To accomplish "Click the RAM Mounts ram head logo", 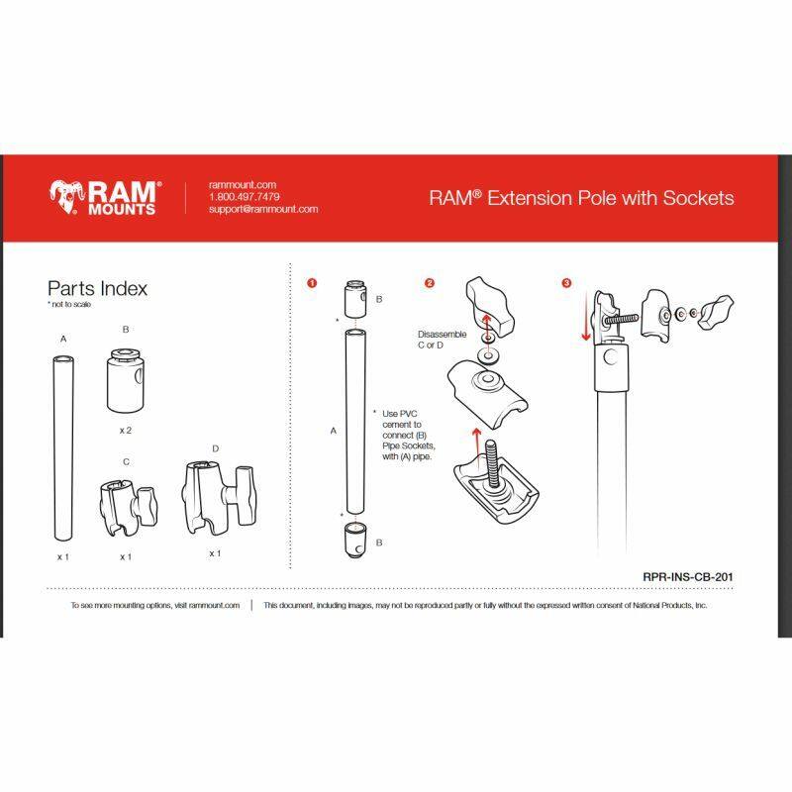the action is [66, 196].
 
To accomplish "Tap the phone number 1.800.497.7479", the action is [245, 196].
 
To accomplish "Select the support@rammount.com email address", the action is [263, 209].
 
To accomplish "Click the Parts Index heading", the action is [97, 288].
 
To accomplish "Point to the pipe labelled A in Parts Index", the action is [63, 448].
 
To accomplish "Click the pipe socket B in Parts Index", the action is [126, 379].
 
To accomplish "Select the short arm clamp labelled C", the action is [128, 508].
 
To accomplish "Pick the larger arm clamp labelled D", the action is [218, 498].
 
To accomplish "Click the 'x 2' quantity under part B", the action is [126, 431].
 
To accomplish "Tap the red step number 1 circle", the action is [312, 283].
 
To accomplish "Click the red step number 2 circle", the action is [430, 283].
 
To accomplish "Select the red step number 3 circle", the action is [566, 283].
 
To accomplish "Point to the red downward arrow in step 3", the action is [586, 316].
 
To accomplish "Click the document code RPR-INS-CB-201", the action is [687, 577].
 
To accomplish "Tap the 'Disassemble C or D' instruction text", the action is [442, 340].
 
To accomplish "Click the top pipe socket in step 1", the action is [355, 298].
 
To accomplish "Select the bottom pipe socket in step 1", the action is [355, 541].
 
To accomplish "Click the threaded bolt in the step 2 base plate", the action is [492, 463].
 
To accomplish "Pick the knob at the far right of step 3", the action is [716, 312].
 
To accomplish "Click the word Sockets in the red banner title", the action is [699, 198].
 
